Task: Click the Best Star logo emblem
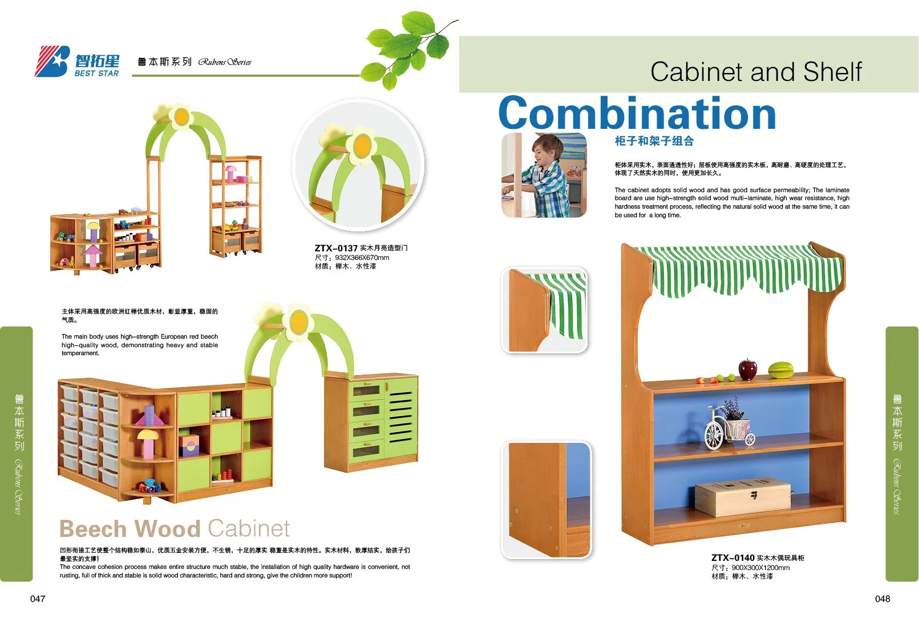point(53,62)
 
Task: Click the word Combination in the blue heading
point(637,113)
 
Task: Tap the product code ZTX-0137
point(336,248)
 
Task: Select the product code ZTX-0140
point(732,557)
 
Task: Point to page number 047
point(38,598)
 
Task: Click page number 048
point(882,598)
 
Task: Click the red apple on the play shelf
point(747,369)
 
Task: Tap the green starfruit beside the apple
point(780,370)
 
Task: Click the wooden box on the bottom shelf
point(743,497)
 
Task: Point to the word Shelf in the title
point(832,72)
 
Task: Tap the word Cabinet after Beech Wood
point(249,529)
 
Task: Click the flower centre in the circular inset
point(362,146)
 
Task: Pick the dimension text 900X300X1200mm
point(760,568)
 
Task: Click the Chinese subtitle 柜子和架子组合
point(654,141)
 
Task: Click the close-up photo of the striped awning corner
point(544,310)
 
